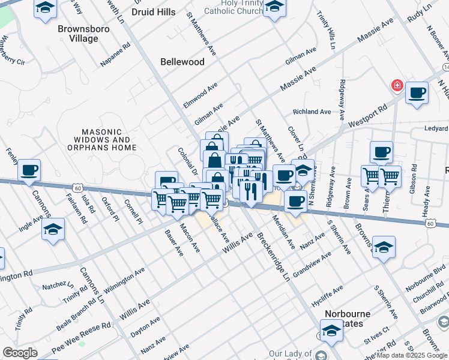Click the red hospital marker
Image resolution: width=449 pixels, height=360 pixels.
pyautogui.click(x=397, y=86)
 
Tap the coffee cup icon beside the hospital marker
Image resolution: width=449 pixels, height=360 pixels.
pyautogui.click(x=417, y=93)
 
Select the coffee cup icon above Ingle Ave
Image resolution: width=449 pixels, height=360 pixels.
pyautogui.click(x=29, y=170)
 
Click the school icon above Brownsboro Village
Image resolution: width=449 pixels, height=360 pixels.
pyautogui.click(x=45, y=8)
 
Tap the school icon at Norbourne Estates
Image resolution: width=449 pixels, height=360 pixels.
pyautogui.click(x=330, y=330)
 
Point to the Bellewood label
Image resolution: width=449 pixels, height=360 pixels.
pyautogui.click(x=182, y=62)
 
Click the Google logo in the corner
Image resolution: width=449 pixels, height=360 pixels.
pyautogui.click(x=20, y=353)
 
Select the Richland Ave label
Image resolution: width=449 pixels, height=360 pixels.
pyautogui.click(x=312, y=112)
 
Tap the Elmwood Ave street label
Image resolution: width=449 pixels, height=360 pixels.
pyautogui.click(x=200, y=97)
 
